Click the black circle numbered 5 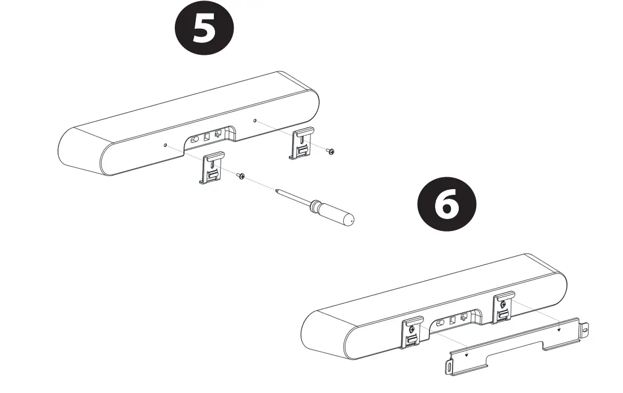204,28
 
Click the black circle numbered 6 446,204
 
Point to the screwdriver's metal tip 277,191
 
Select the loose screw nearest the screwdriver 240,175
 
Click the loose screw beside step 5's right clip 330,151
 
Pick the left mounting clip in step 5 212,168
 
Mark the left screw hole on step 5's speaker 165,146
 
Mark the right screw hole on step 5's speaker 255,120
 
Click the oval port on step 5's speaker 195,140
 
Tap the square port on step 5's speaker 206,137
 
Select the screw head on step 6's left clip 412,329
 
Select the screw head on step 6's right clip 503,304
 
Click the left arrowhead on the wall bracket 467,355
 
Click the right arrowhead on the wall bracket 559,330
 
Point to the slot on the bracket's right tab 585,330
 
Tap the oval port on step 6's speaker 440,323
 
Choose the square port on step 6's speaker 452,320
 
